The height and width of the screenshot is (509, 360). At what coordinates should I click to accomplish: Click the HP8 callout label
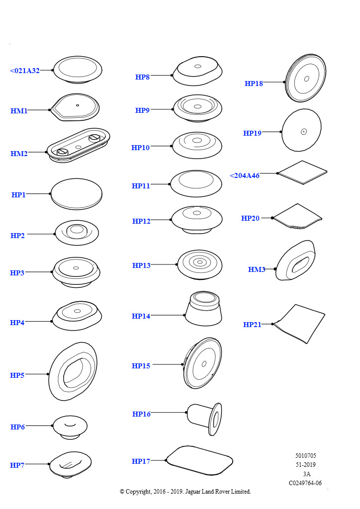142,77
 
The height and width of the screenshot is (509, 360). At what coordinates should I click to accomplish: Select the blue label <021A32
25,71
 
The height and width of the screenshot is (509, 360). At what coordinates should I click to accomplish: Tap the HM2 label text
19,154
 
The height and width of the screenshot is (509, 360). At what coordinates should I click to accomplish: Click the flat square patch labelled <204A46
303,172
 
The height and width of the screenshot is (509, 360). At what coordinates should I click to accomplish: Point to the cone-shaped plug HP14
203,309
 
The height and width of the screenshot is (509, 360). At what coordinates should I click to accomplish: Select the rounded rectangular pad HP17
199,461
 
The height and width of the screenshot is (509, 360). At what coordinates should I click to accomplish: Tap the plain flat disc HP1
76,194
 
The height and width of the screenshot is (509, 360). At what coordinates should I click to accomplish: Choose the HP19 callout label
252,133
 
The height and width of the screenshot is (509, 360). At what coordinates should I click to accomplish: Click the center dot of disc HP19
303,132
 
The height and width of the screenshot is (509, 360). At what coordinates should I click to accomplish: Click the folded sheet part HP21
299,324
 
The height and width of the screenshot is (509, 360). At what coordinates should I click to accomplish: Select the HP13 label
141,265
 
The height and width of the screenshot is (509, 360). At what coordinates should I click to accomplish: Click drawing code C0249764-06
305,483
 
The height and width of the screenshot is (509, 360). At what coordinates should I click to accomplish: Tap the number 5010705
305,455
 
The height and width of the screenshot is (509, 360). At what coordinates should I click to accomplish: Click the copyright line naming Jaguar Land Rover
185,492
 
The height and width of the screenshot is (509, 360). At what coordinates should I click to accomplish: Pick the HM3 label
257,269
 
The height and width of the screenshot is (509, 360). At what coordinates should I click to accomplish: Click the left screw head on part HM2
62,152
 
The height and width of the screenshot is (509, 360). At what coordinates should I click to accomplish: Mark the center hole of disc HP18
306,79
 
